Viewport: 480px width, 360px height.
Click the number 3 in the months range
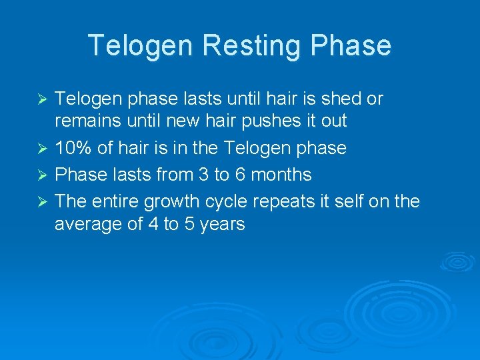203,175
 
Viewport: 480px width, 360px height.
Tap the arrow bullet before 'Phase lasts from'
43,175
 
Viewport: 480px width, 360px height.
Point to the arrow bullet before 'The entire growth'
43,200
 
